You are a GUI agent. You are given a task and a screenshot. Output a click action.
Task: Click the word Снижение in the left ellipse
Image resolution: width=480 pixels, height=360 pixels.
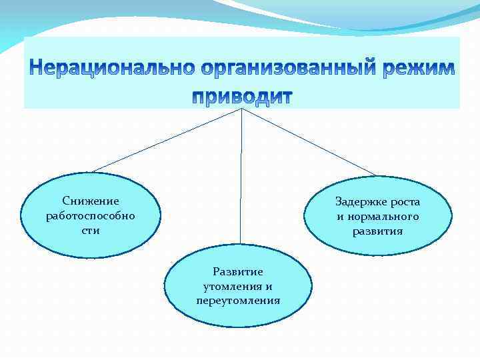(91, 201)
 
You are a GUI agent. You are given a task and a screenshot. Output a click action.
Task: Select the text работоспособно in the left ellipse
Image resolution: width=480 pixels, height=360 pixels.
(91, 215)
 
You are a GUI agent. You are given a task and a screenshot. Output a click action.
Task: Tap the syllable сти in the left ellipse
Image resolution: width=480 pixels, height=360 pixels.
(91, 230)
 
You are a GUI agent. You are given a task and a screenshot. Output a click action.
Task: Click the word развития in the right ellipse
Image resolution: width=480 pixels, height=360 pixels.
(378, 231)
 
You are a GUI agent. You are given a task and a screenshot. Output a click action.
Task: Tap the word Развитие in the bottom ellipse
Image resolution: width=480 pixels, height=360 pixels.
(238, 271)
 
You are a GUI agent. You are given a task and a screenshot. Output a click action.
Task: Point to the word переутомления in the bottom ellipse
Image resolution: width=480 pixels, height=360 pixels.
(238, 301)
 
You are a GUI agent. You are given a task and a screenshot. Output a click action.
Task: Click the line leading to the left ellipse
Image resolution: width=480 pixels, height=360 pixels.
(167, 140)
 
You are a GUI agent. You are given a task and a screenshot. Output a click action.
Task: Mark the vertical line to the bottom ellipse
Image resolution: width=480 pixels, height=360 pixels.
(241, 180)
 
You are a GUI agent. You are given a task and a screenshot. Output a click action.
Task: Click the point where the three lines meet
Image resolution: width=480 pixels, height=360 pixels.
(241, 108)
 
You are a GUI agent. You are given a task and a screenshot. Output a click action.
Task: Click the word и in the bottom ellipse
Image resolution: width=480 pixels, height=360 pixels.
(268, 286)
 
